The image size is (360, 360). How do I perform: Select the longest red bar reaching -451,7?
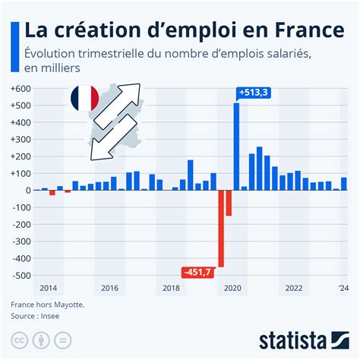[221, 228]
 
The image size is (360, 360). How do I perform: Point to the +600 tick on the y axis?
[21, 89]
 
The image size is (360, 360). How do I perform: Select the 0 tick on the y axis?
[27, 190]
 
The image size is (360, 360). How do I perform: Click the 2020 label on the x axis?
[232, 289]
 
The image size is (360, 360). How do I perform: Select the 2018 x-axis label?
[171, 289]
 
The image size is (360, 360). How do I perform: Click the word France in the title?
[300, 30]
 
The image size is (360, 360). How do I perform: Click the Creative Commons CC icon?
[20, 339]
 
